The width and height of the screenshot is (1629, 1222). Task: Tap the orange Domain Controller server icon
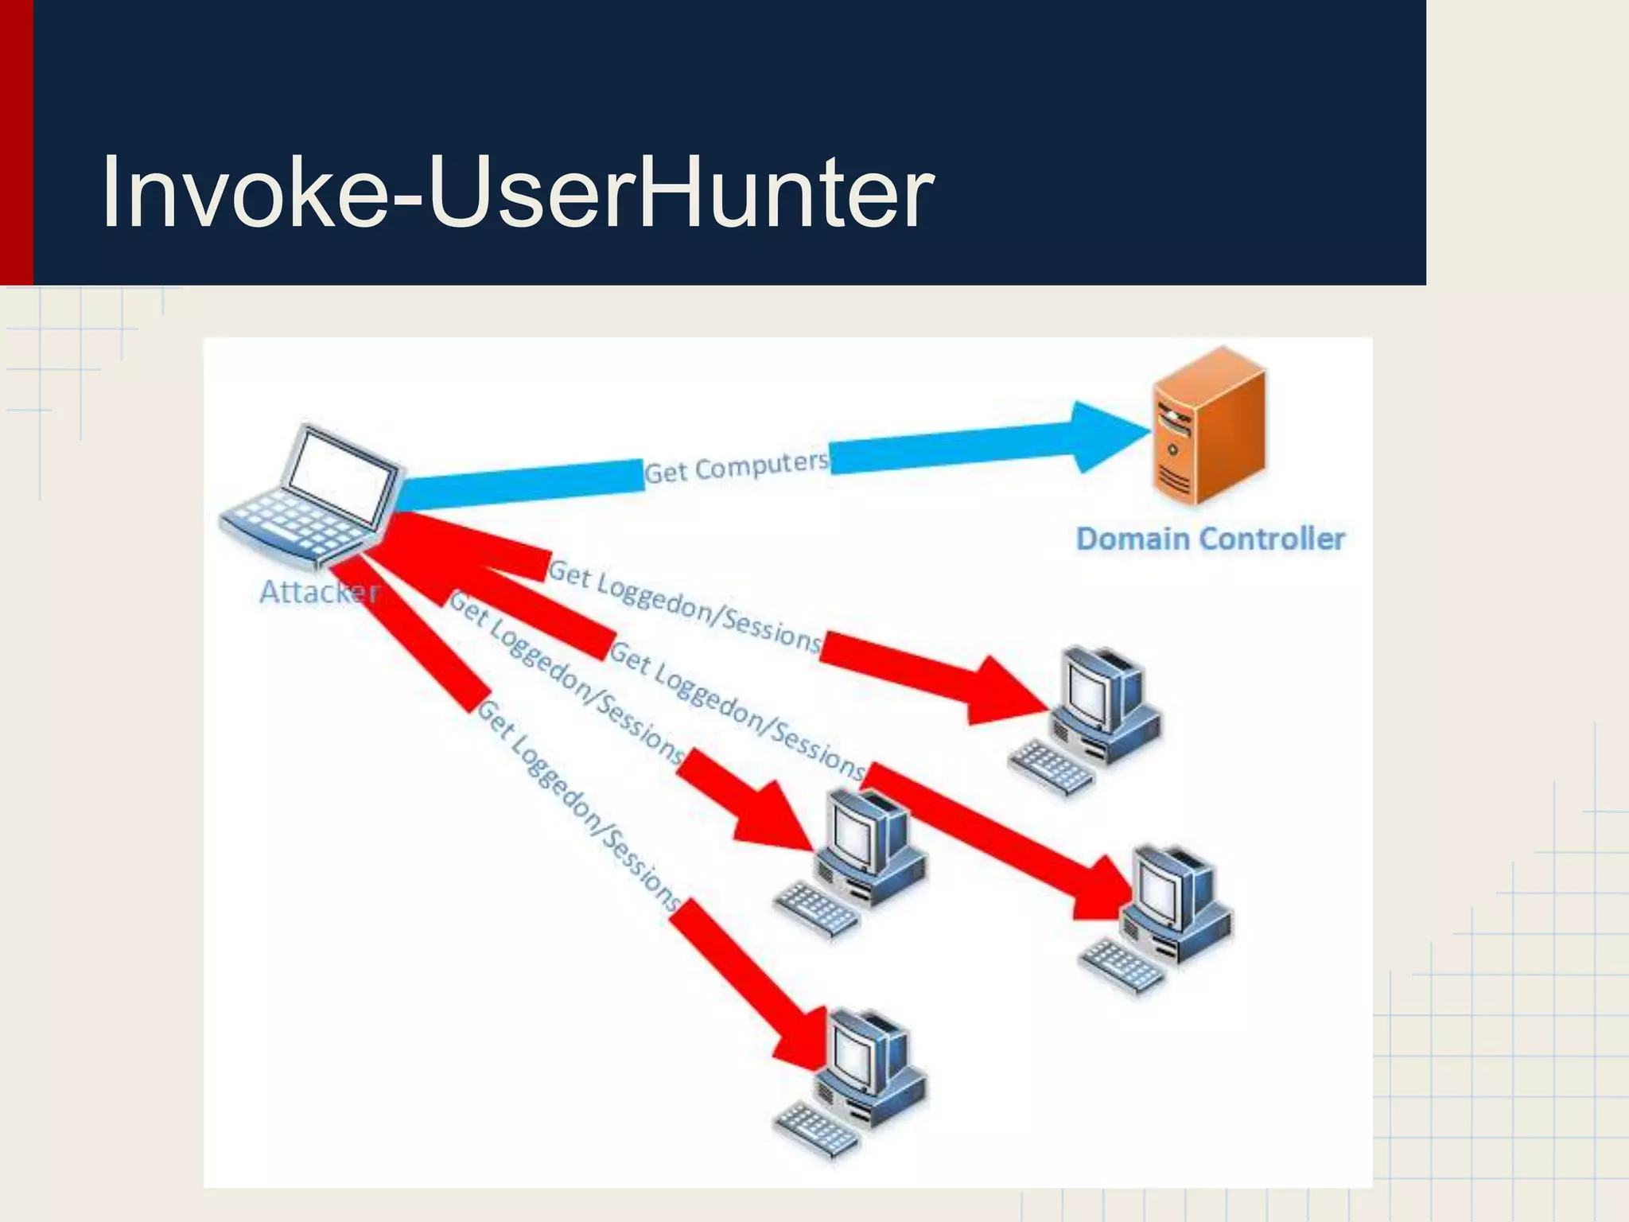click(1207, 426)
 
